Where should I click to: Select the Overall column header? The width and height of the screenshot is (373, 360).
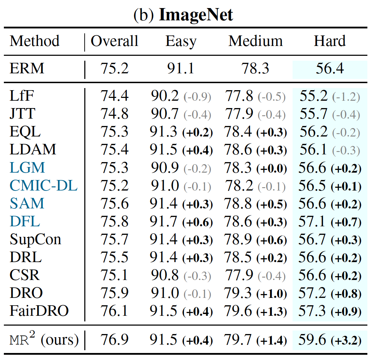[x=114, y=41]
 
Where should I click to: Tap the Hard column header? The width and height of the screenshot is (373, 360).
[x=329, y=41]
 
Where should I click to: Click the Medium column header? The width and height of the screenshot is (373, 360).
[x=255, y=41]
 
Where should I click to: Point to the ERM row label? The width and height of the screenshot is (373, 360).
[x=27, y=68]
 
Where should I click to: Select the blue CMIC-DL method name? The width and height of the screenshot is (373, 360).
[x=43, y=186]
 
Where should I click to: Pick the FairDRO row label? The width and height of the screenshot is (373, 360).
[x=39, y=311]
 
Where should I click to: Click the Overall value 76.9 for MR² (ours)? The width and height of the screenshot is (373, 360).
[x=114, y=340]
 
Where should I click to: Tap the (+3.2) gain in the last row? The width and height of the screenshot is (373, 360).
[x=346, y=340]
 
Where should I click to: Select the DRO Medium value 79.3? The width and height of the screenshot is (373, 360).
[x=239, y=293]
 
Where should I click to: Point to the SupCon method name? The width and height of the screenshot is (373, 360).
[x=35, y=239]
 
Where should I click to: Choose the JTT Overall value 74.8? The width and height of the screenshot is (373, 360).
[x=114, y=114]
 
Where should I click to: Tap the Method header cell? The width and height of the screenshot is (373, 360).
[x=34, y=41]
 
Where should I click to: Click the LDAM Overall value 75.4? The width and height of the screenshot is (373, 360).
[x=114, y=150]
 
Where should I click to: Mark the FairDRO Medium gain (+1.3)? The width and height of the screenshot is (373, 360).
[x=271, y=311]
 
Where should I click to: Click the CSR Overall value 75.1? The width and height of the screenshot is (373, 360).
[x=114, y=275]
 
